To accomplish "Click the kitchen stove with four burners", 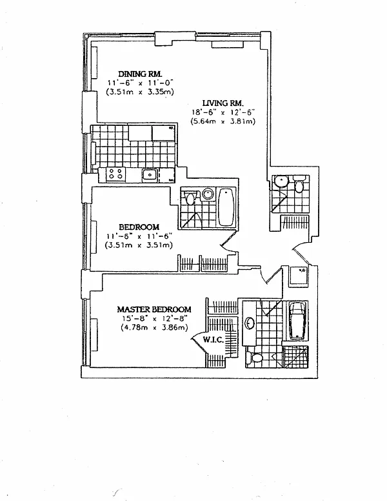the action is [116, 173].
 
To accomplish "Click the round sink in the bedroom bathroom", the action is [208, 194].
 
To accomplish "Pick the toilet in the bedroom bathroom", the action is [190, 198].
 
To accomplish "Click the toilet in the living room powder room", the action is [299, 186].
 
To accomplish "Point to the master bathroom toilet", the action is [256, 357].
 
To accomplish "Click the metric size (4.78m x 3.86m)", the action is [154, 327].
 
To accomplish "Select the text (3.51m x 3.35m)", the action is [139, 92].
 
